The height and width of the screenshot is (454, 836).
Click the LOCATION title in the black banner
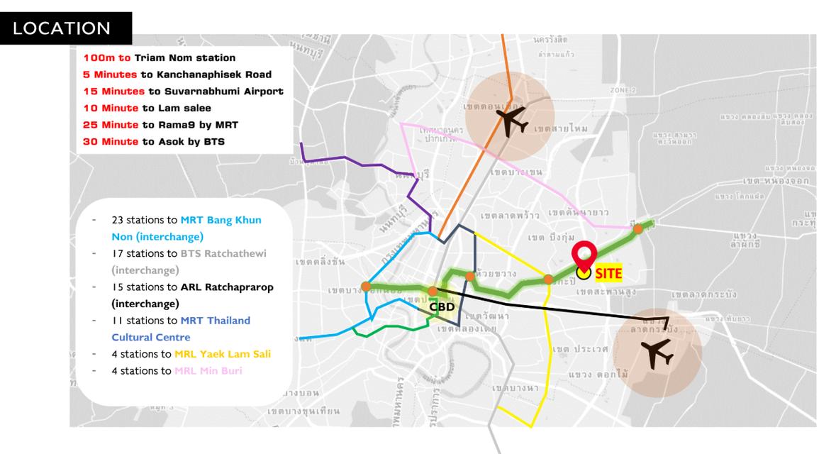[62, 28]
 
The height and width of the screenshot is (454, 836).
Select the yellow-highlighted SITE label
[608, 272]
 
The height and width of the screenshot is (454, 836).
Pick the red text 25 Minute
[105, 125]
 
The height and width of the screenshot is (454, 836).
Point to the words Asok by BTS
[188, 142]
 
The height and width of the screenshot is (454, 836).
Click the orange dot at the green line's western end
[365, 287]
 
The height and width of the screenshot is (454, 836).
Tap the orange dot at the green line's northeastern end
[638, 228]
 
